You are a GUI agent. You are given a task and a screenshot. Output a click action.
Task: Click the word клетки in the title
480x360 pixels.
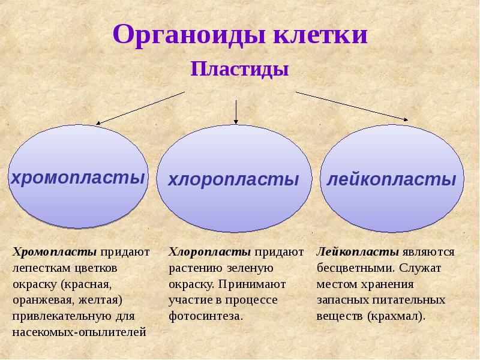(321, 35)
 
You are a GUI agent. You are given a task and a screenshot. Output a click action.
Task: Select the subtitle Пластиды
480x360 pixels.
(240, 69)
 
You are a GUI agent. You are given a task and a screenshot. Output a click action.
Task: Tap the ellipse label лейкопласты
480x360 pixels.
(391, 179)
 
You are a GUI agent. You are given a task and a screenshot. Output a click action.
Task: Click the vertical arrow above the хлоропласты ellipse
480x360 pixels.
(236, 111)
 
